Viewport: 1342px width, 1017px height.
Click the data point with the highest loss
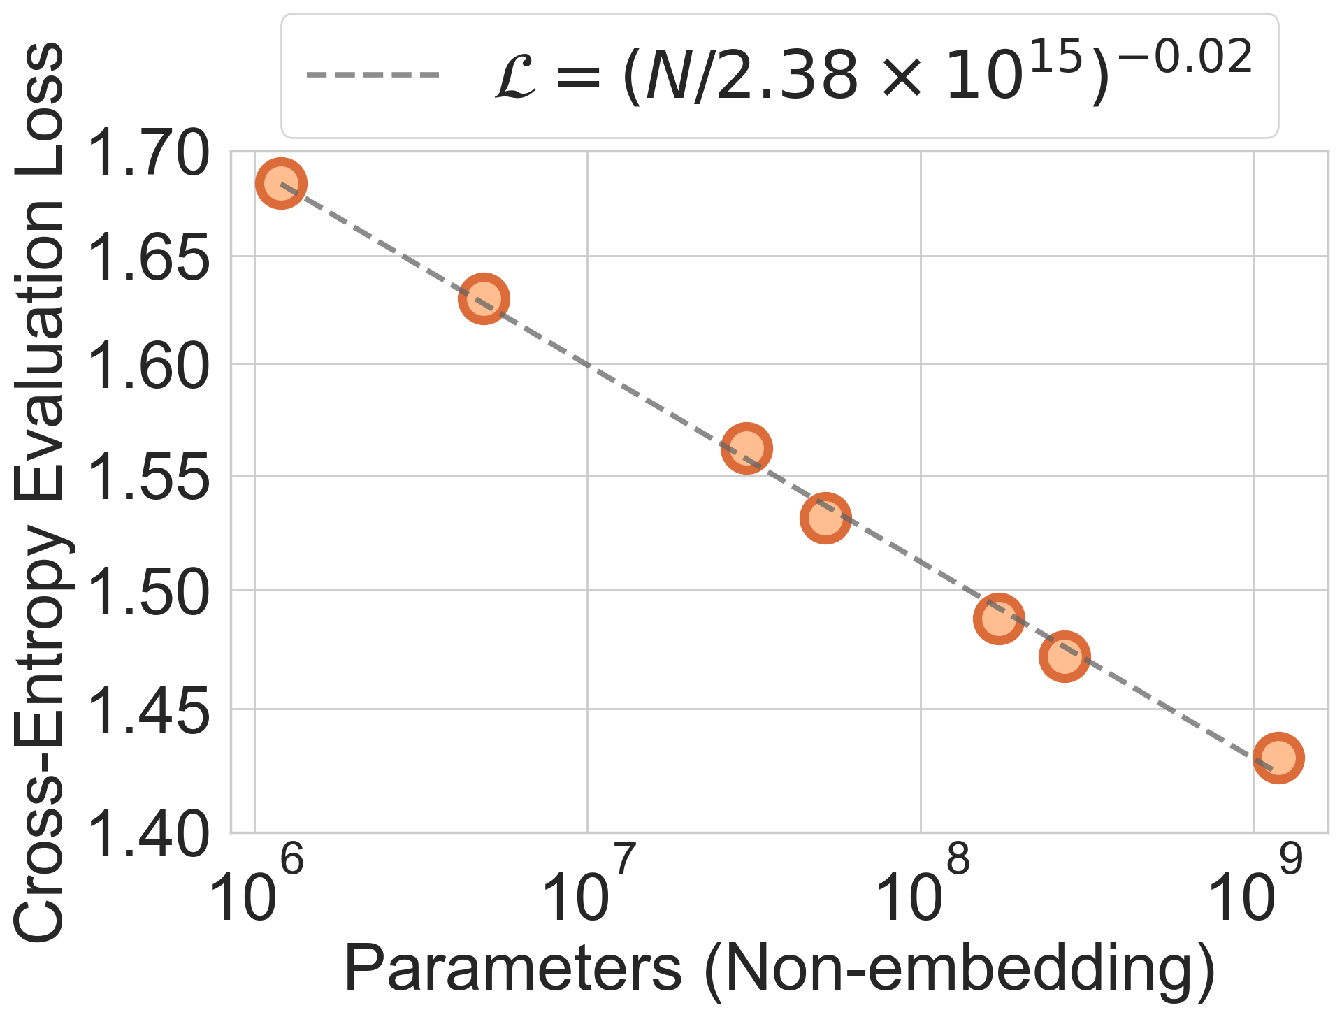[x=281, y=183]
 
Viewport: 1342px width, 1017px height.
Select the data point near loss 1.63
[x=483, y=298]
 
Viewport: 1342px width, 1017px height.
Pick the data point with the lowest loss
[x=1278, y=758]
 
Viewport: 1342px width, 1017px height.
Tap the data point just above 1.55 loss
[x=746, y=448]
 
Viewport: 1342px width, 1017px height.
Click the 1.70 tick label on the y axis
[x=150, y=154]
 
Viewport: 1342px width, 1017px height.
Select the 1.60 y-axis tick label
[x=150, y=367]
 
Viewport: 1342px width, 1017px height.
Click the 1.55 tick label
[x=150, y=479]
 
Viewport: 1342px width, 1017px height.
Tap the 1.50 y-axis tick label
[x=150, y=593]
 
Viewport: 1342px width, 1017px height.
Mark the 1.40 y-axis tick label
[x=150, y=835]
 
